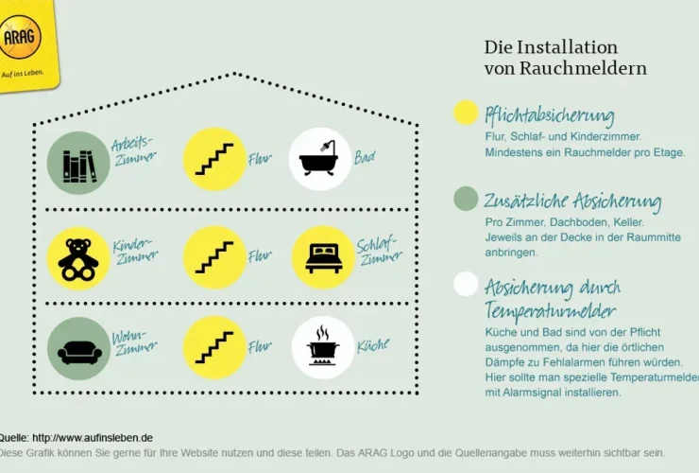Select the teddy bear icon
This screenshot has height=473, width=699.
click(x=78, y=257)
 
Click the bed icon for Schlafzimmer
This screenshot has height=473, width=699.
click(x=323, y=256)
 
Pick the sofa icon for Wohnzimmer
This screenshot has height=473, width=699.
click(x=78, y=349)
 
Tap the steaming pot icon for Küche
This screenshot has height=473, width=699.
click(x=322, y=347)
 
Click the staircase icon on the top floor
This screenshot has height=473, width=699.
click(x=213, y=159)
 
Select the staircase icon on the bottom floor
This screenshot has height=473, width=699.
click(x=213, y=347)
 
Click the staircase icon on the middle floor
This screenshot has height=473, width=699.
click(x=213, y=256)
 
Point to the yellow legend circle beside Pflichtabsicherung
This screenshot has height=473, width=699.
click(x=466, y=114)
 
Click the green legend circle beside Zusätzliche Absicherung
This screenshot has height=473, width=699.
click(x=466, y=199)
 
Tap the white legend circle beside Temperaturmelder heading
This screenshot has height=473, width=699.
click(x=466, y=284)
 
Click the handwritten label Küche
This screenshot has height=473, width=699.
click(x=372, y=346)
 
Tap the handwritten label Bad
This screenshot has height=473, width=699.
click(x=365, y=157)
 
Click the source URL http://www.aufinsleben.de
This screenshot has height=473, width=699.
click(x=92, y=437)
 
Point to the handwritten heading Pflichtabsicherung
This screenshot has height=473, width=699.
click(x=549, y=115)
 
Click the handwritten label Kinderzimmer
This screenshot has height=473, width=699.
click(x=135, y=252)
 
